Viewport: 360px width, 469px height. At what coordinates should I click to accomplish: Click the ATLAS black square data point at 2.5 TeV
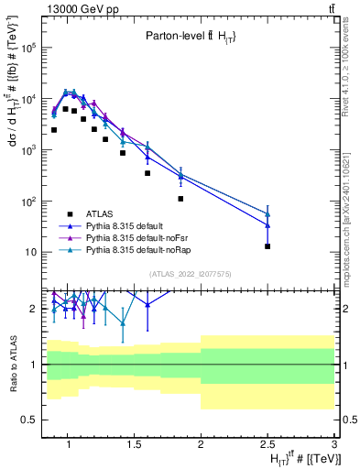click(267, 246)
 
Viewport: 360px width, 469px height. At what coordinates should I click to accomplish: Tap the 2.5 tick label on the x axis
click(267, 446)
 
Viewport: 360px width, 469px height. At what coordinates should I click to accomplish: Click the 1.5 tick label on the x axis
click(136, 446)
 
